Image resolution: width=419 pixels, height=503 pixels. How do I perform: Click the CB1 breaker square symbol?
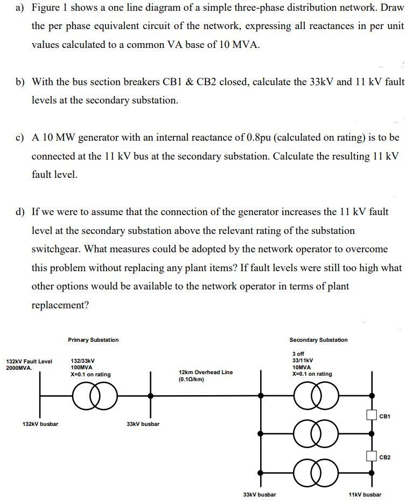pos(371,415)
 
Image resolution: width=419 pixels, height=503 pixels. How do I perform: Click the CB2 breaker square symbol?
pos(371,457)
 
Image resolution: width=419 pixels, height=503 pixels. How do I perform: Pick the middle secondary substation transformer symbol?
pos(317,433)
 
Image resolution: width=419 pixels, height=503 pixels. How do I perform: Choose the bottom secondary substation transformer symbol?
pos(317,472)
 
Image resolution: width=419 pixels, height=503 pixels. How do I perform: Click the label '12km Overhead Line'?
pos(205,372)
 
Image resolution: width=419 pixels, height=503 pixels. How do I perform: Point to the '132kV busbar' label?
pos(40,424)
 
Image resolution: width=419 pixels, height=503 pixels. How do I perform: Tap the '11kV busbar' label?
pos(365,494)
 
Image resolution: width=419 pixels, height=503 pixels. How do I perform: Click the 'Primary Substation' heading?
pos(93,340)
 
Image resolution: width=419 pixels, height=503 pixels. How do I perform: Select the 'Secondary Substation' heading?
pos(318,340)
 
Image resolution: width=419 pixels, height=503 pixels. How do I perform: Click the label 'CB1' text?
pos(385,416)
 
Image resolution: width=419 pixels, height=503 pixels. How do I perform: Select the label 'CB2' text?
pos(385,457)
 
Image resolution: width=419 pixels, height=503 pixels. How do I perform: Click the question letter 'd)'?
pos(20,212)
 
